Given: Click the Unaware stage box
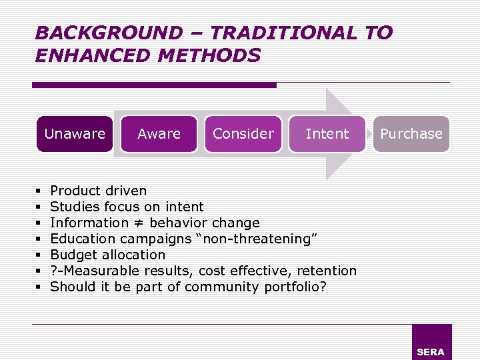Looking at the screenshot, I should pyautogui.click(x=75, y=134).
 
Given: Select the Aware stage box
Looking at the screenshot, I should pyautogui.click(x=159, y=134).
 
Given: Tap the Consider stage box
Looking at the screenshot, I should pyautogui.click(x=243, y=134).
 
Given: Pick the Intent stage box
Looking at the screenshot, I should pyautogui.click(x=327, y=134).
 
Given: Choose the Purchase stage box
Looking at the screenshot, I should pyautogui.click(x=411, y=134).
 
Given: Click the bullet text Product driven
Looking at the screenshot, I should pyautogui.click(x=98, y=191).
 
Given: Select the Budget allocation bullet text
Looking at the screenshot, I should pyautogui.click(x=107, y=255).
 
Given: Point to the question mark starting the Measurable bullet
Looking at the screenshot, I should pyautogui.click(x=54, y=271).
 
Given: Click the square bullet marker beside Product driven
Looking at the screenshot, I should pyautogui.click(x=41, y=191).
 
